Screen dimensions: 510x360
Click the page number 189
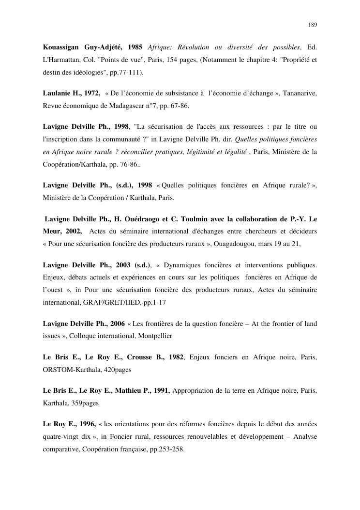[312, 25]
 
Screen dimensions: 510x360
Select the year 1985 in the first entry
[135, 47]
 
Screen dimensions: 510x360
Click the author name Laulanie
[56, 93]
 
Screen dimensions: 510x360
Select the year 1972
[90, 93]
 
